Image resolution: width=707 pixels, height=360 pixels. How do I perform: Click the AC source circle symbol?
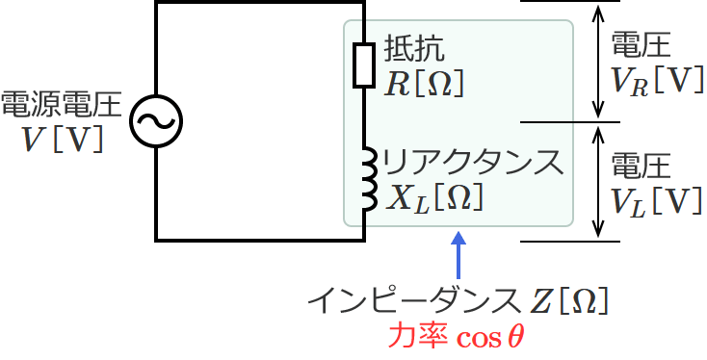[156, 120]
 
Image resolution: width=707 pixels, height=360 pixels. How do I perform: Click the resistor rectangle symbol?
[363, 65]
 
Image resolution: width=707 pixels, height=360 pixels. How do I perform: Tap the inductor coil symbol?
[366, 178]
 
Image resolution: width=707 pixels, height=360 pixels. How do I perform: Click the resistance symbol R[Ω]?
[425, 85]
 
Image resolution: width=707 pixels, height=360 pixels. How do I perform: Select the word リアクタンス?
[471, 161]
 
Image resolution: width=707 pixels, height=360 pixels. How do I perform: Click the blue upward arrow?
[458, 254]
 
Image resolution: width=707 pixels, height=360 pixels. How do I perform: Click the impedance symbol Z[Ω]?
[568, 301]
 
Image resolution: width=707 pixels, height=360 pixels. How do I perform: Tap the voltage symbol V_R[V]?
[656, 81]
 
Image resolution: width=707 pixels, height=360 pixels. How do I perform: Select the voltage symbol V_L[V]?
[656, 199]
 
